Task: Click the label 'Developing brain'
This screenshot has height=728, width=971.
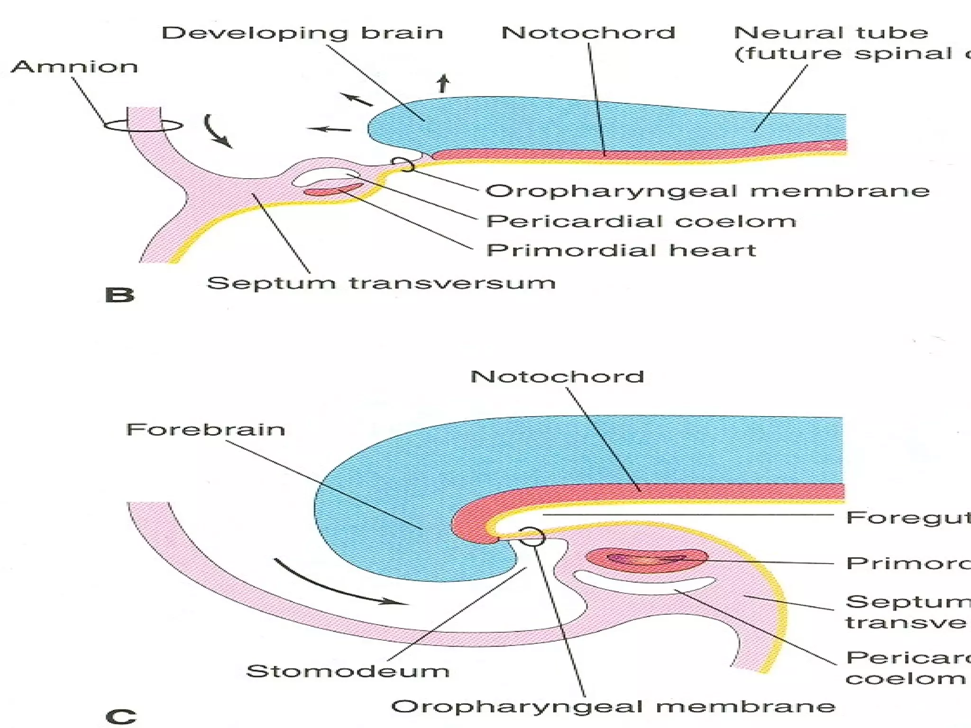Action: point(302,33)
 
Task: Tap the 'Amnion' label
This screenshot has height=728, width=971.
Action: point(74,66)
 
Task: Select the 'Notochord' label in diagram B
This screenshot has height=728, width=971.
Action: point(588,33)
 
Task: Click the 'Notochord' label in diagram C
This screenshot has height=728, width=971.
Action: point(557,377)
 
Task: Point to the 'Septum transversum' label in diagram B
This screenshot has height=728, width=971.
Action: point(381,283)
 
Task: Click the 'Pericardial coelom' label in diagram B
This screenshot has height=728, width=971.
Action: point(641,221)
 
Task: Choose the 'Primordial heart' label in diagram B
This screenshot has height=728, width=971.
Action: point(621,250)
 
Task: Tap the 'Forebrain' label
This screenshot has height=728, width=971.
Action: point(205,429)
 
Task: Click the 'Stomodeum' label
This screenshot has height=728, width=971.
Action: point(348,671)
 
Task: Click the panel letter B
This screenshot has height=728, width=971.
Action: point(119,295)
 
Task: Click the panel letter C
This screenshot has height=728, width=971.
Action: point(120,716)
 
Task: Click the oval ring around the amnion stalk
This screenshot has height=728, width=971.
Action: point(143,126)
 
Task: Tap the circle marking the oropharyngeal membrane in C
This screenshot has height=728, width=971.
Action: point(531,536)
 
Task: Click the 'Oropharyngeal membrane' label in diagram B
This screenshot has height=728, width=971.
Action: point(707,191)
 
